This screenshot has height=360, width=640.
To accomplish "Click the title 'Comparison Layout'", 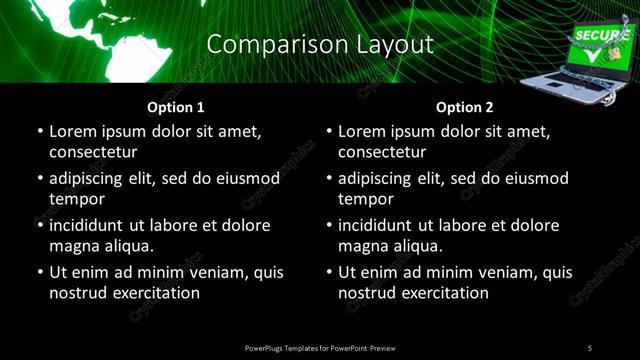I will (319, 45).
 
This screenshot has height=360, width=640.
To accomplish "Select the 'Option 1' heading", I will (176, 108).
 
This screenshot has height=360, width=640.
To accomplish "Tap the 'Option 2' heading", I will (465, 108).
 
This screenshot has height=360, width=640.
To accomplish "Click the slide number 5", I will (589, 347).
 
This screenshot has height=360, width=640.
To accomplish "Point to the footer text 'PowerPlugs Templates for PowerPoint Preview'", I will (320, 347).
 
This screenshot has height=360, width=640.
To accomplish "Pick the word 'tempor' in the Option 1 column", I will (76, 199).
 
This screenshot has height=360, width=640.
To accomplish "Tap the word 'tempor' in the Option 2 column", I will (365, 199).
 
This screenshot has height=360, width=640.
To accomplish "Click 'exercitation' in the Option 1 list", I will (155, 293).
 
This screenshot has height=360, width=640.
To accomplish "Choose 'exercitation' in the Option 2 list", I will (444, 293).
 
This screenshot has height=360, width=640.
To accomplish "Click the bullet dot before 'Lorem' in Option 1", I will (39, 132).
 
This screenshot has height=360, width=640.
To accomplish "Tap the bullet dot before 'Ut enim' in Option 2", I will (328, 273).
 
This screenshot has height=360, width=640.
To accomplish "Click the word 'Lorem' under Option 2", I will (363, 131).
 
